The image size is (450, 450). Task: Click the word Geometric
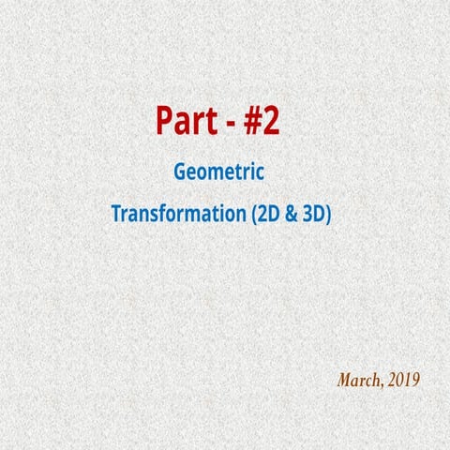click(217, 173)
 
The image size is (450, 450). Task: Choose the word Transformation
click(177, 213)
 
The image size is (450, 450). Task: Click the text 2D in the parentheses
click(265, 213)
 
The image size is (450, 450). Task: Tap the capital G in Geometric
click(180, 173)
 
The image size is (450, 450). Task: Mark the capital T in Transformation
click(116, 213)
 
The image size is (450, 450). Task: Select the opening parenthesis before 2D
click(250, 214)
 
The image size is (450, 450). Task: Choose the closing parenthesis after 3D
click(330, 214)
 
